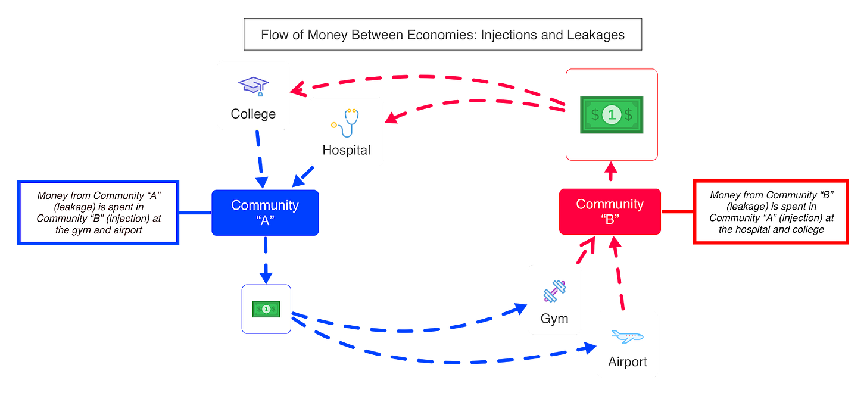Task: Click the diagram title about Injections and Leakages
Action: pyautogui.click(x=442, y=35)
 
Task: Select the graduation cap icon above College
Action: pyautogui.click(x=254, y=86)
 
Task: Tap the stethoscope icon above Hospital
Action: pyautogui.click(x=346, y=122)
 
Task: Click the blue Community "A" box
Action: pyautogui.click(x=265, y=213)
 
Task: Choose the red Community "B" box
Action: pyautogui.click(x=610, y=211)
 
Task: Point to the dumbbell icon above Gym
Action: pyautogui.click(x=554, y=292)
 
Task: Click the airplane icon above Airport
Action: pyautogui.click(x=628, y=337)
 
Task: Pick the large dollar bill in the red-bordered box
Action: pyautogui.click(x=612, y=114)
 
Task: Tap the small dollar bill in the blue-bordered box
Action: pyautogui.click(x=266, y=308)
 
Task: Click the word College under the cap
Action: pyautogui.click(x=254, y=114)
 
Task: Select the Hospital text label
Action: pyautogui.click(x=346, y=150)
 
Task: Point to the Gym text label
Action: pyautogui.click(x=554, y=319)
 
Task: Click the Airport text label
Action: pyautogui.click(x=628, y=361)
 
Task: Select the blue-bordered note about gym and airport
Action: pyautogui.click(x=99, y=212)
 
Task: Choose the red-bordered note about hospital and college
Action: pyautogui.click(x=771, y=212)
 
